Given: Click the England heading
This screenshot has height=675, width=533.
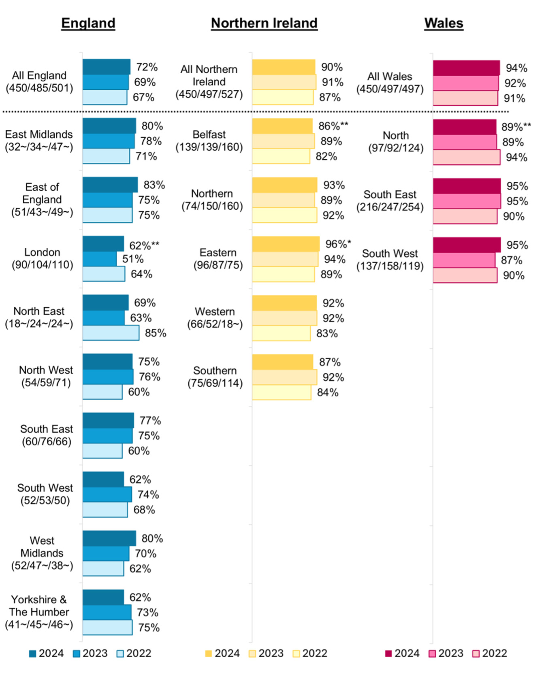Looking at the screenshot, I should [x=88, y=23].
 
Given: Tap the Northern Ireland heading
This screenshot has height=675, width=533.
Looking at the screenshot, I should [x=264, y=23].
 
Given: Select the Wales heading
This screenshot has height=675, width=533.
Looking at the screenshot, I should [x=443, y=23].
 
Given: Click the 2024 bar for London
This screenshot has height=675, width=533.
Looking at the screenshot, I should [x=103, y=244].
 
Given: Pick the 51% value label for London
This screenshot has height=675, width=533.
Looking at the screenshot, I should [x=133, y=259].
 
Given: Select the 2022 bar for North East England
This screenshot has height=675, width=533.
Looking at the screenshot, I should [x=111, y=333].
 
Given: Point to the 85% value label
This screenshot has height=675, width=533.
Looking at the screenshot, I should [x=156, y=333].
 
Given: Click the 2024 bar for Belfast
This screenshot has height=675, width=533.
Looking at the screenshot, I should [x=282, y=126].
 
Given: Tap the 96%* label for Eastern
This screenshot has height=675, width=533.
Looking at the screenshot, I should [x=338, y=244].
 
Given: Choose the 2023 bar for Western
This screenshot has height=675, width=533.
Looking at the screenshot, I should [x=284, y=318].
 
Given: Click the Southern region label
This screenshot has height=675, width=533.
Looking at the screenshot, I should [x=215, y=377].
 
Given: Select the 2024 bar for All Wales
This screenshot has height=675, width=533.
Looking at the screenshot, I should [x=466, y=68].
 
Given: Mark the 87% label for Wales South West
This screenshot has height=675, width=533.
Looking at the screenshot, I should [x=512, y=260].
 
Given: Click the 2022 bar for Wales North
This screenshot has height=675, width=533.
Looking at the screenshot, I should [x=466, y=157].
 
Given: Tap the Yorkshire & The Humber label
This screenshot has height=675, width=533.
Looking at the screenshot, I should [x=39, y=612].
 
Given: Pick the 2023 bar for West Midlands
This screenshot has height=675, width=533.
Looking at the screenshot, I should [x=106, y=554].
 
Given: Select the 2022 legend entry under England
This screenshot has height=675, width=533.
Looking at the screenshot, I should [x=134, y=653].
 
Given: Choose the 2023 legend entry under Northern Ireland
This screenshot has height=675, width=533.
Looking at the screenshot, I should [x=266, y=653].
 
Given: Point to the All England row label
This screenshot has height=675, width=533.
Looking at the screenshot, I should [x=39, y=82].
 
